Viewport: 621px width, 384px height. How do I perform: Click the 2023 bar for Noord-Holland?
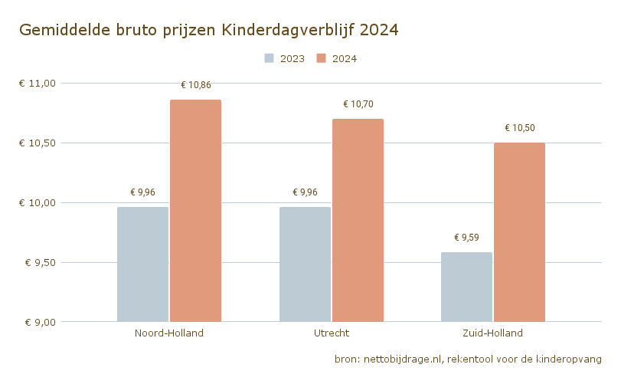click(142, 264)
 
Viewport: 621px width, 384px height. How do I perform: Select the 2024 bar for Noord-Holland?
click(195, 211)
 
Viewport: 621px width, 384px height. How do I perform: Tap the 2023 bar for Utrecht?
click(305, 264)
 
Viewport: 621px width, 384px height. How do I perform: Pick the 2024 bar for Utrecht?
click(358, 220)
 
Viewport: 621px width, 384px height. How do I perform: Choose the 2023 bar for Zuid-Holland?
click(466, 287)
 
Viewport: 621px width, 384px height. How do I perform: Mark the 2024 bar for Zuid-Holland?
click(519, 232)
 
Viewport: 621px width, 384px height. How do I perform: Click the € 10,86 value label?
click(195, 85)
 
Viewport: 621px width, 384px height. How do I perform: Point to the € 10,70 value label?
click(358, 104)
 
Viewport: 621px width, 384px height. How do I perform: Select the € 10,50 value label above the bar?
click(519, 128)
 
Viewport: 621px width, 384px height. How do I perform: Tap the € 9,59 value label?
click(466, 238)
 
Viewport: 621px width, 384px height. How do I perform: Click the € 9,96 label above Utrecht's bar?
click(305, 192)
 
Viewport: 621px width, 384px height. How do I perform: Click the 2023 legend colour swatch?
click(270, 58)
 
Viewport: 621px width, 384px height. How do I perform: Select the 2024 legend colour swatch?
click(322, 58)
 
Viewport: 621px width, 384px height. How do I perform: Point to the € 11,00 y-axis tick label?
click(38, 83)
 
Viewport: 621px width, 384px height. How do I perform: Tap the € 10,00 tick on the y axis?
click(38, 202)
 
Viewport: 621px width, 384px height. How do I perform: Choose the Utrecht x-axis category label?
click(331, 333)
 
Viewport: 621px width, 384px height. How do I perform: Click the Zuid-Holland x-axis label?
click(492, 333)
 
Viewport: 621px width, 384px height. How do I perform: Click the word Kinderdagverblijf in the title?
click(288, 30)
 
